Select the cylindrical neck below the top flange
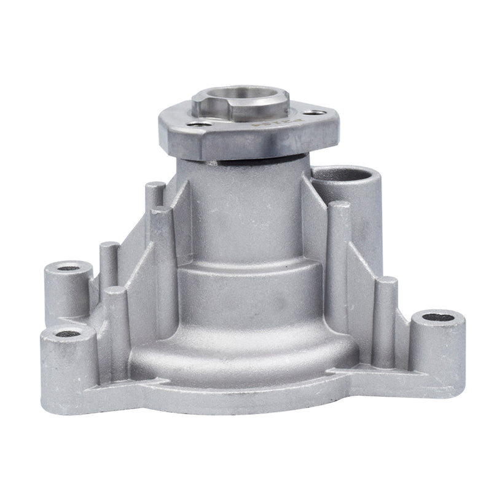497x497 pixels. coord(246,203)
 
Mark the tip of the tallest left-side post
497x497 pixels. coord(154,185)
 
